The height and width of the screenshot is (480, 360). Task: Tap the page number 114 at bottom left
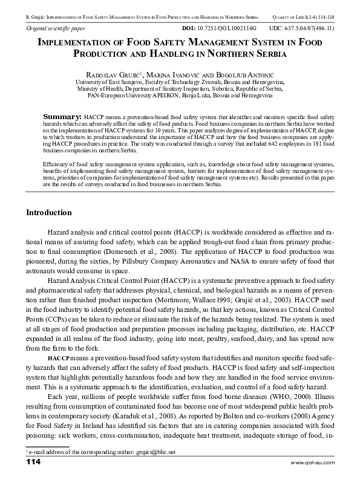point(33,462)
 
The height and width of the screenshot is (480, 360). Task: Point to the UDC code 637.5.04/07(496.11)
point(310,29)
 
